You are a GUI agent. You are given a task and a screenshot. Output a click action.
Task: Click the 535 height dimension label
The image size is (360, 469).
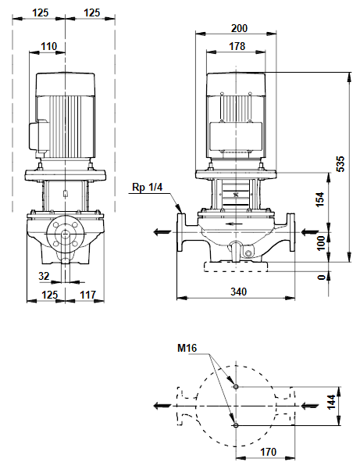click(340, 163)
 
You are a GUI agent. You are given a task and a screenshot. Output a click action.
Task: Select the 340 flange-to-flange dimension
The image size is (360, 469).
click(239, 292)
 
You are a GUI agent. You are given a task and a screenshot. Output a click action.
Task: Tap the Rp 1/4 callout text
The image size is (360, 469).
click(148, 188)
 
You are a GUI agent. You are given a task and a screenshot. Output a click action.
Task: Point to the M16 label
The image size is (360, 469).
click(187, 348)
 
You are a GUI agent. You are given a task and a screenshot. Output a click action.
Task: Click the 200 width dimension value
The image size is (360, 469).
click(239, 28)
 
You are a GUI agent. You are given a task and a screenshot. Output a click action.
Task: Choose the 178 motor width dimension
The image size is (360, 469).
click(237, 46)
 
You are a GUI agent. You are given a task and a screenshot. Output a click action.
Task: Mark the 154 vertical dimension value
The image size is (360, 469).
click(319, 199)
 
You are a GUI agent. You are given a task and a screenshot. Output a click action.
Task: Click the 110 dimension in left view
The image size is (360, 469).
click(48, 46)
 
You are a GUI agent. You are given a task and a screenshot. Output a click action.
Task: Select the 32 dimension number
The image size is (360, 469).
click(44, 276)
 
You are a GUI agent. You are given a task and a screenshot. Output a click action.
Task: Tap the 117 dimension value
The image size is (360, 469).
click(87, 295)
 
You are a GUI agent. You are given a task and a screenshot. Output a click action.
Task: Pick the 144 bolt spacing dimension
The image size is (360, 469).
click(331, 402)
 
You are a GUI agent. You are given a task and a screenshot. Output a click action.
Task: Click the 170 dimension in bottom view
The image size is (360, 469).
click(268, 452)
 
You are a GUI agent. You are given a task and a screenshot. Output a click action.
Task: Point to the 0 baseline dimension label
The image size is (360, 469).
click(321, 277)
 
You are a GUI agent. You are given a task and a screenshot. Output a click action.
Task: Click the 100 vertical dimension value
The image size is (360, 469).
click(320, 243)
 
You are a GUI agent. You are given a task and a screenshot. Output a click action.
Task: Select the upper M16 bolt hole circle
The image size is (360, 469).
click(236, 387)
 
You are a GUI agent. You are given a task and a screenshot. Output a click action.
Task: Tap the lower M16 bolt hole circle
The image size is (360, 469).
click(236, 425)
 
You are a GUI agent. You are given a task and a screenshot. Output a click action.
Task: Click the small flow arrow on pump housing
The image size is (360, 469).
click(233, 224)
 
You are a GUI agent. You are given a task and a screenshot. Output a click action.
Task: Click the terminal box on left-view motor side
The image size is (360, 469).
click(38, 135)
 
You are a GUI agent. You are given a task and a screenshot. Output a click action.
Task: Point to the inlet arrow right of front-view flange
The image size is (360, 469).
click(310, 232)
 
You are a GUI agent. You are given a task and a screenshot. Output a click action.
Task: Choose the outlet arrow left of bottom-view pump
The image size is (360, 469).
click(162, 406)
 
